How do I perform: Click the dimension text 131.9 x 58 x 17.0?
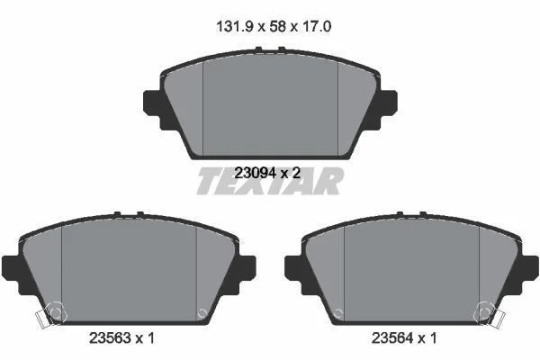pos(274,26)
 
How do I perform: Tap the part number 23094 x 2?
pos(267,173)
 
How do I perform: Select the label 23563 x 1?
pos(121,338)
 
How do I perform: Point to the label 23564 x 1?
pos(404,338)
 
